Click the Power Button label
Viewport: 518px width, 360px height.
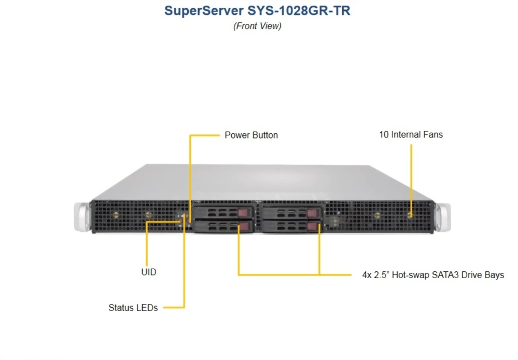[x=251, y=135]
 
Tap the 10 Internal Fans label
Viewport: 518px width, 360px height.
[x=411, y=135]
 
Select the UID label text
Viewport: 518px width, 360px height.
[x=148, y=272]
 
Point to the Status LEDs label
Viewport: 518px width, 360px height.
[x=133, y=308]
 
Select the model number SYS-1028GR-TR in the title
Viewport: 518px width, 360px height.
[x=299, y=11]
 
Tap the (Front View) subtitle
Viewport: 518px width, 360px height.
[x=257, y=26]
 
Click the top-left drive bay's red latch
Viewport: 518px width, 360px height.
[x=244, y=213]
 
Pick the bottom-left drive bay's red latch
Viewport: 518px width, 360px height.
[x=244, y=227]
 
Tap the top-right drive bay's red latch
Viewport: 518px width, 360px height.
[x=311, y=213]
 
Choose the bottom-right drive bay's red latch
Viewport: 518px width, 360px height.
[x=311, y=227]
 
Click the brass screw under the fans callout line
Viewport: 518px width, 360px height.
[x=410, y=215]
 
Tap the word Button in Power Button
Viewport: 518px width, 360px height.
[x=265, y=135]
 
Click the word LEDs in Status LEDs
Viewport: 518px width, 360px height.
[x=147, y=308]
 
